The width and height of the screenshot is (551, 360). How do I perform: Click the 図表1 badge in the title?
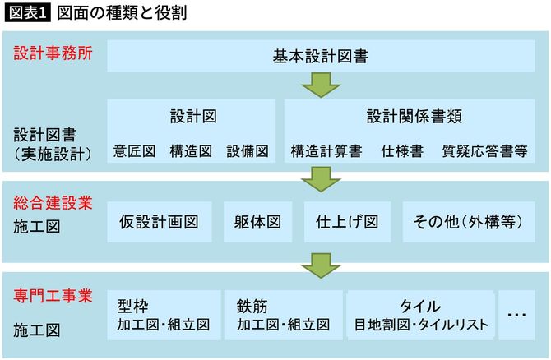(27, 14)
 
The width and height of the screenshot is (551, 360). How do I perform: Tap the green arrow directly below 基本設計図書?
(320, 85)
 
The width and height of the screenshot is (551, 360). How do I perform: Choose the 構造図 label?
(191, 151)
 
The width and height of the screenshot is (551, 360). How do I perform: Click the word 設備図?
(248, 151)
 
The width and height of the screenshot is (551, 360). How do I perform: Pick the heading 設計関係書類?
(414, 116)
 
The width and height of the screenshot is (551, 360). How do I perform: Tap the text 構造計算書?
(326, 151)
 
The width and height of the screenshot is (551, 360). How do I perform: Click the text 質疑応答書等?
(484, 151)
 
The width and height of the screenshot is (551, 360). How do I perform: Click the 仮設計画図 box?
(160, 222)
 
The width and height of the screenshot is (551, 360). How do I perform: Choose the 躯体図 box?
(258, 222)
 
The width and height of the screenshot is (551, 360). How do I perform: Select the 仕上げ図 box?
(347, 222)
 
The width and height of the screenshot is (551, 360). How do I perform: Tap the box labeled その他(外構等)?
(470, 222)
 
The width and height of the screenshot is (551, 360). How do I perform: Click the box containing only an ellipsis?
(516, 314)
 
